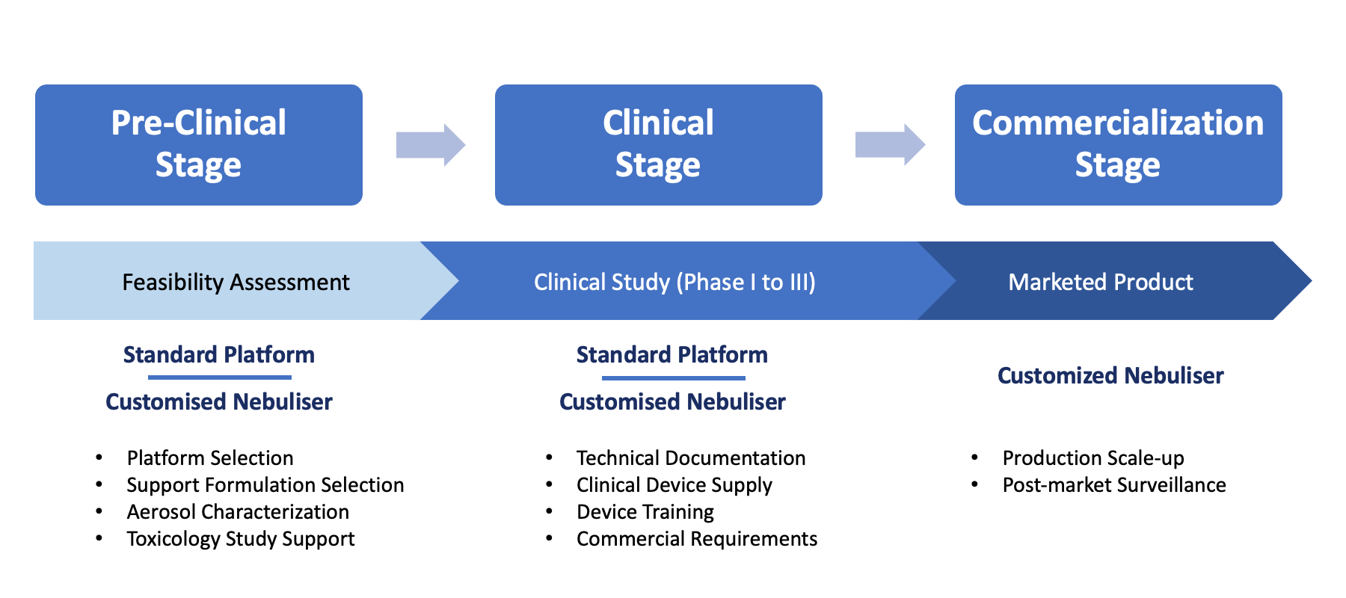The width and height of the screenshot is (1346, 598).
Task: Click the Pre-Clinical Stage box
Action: coord(198,144)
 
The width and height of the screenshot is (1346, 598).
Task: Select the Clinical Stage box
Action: coord(658,144)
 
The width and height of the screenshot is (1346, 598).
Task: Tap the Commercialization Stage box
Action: coord(1118,144)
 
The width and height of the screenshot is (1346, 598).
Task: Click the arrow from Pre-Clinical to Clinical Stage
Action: coord(431,144)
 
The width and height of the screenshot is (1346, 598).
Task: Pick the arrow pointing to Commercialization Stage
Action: coord(890,144)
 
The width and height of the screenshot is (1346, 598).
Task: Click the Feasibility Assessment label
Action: coord(236,282)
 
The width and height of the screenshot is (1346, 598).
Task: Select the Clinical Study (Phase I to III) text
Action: coord(674,282)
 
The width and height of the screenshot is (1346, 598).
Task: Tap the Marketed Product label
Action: coord(1101,282)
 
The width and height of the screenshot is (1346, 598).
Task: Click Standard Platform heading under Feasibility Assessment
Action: coord(219,354)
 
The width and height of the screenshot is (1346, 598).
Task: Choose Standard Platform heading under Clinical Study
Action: coord(672,354)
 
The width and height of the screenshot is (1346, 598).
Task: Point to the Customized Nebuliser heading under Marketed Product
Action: coord(1110,375)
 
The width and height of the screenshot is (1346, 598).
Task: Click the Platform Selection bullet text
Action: coord(210,457)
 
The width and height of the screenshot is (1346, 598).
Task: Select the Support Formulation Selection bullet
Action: coord(265,484)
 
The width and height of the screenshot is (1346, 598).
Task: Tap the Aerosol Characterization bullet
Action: coord(238,511)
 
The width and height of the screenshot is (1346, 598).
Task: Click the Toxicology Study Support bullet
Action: coord(241,538)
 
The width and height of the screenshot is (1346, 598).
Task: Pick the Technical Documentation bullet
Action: coord(691,457)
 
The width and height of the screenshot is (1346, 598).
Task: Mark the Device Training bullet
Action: coord(645,511)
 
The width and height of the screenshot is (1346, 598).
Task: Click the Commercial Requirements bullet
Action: coord(697,538)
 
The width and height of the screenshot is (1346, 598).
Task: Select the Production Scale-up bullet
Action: coord(1093,457)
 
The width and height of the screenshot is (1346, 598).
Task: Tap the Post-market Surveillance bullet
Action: coord(1114,484)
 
